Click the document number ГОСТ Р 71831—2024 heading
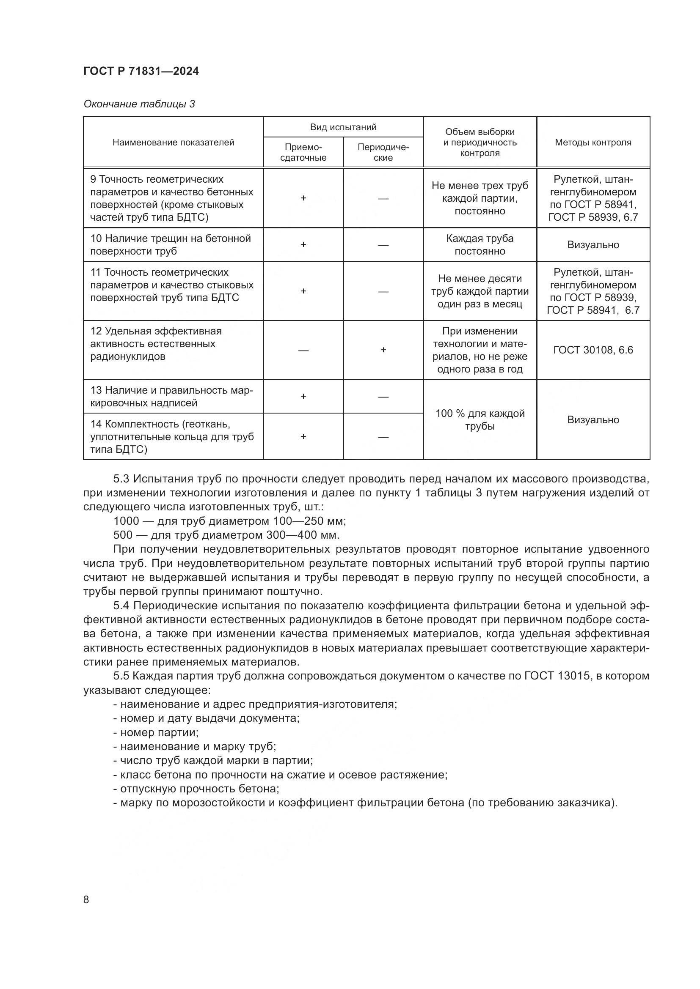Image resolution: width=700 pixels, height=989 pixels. [141, 71]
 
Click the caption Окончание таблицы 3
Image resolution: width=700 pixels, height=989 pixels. [139, 104]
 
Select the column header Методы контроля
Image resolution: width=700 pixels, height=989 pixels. [593, 142]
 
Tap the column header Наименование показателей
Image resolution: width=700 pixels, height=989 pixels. [173, 142]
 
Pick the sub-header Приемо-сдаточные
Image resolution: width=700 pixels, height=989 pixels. [303, 153]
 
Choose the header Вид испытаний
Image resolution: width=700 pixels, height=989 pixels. [343, 127]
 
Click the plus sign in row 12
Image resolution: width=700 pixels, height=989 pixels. [383, 350]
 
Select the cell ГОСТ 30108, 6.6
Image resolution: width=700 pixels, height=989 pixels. [593, 350]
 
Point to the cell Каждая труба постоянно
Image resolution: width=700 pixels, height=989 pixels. [480, 245]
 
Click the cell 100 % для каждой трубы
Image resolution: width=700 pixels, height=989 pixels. [480, 419]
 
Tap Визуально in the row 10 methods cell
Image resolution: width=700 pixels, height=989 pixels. [593, 245]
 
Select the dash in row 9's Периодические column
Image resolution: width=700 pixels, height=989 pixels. [383, 199]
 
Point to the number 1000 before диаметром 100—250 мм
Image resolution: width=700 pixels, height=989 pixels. [126, 521]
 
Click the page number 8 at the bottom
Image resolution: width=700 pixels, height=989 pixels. [86, 900]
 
